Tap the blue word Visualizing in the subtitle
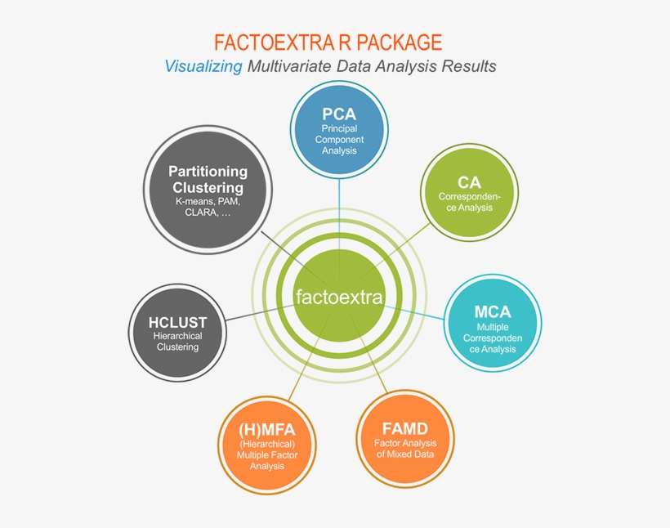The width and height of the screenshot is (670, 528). coord(203,66)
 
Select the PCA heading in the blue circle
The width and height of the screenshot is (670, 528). coord(338,114)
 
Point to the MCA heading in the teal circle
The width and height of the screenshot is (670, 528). coord(492,311)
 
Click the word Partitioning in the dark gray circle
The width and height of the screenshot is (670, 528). coord(208,171)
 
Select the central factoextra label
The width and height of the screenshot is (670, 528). coord(339,297)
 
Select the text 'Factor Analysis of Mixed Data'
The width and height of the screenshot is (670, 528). coord(404,449)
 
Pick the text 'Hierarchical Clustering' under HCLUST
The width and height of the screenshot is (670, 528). coord(178,341)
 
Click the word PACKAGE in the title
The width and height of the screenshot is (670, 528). coord(400,42)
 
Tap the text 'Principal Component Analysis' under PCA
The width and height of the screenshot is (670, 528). coord(338,139)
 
